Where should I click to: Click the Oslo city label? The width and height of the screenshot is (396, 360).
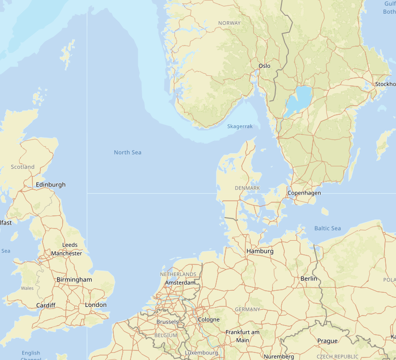(264, 66)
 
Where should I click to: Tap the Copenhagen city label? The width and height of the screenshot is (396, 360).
(304, 193)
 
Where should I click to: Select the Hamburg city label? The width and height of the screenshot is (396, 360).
(260, 251)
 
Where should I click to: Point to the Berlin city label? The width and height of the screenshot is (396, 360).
(309, 279)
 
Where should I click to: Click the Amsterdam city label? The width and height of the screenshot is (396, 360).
(180, 283)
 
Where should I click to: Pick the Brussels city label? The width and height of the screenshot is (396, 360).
(167, 322)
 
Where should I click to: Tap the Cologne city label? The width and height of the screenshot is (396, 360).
(209, 320)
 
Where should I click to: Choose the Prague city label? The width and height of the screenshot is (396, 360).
(327, 341)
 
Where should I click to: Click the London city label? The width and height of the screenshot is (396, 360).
(96, 305)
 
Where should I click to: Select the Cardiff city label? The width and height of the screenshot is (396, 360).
(46, 305)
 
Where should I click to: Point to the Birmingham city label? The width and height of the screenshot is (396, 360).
(74, 280)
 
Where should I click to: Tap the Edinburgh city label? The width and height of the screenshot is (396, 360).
(51, 185)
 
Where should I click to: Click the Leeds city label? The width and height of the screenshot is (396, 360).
(70, 245)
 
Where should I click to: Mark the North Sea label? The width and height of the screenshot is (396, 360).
(127, 153)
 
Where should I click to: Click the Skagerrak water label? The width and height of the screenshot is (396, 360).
(240, 126)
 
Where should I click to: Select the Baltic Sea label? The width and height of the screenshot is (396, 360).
(327, 229)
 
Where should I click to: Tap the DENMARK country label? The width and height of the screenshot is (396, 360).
(247, 188)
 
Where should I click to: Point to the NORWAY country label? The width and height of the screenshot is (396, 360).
(230, 23)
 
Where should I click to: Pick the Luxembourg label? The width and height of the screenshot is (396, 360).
(201, 352)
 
